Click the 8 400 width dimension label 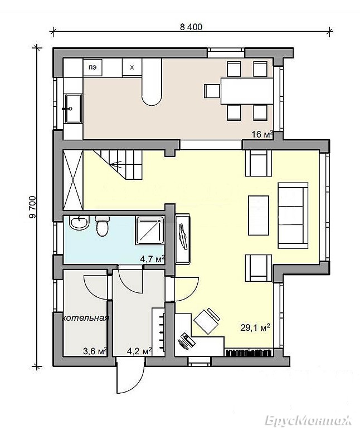(x=191, y=27)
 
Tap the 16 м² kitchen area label (x=262, y=134)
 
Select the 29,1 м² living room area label (x=255, y=327)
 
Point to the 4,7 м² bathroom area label (x=152, y=259)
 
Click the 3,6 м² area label (x=95, y=351)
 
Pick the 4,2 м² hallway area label (x=139, y=351)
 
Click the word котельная (x=85, y=319)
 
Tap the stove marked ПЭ (x=93, y=67)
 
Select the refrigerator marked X (x=132, y=67)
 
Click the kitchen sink (x=73, y=109)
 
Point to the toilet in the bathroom (x=103, y=226)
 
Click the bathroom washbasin (x=79, y=223)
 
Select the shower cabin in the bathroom (x=150, y=231)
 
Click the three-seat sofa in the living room (x=293, y=215)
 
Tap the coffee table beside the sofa (x=259, y=215)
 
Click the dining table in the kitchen (x=247, y=91)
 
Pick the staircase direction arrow (x=117, y=165)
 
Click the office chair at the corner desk (x=207, y=321)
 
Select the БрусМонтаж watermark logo (x=308, y=420)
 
